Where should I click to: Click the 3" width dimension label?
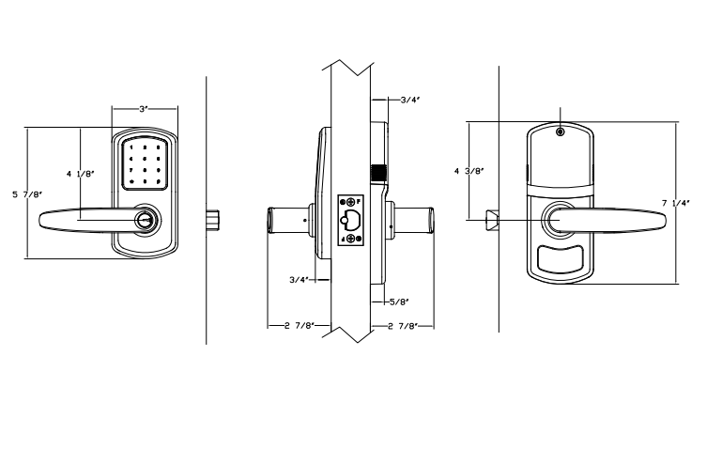point(143,109)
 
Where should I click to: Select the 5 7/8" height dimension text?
point(26,194)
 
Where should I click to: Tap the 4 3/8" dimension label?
point(469,171)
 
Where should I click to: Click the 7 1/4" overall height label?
point(676,202)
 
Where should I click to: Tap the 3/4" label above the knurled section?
point(409,99)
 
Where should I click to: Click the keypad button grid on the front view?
point(145,165)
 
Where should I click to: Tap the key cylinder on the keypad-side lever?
point(146,219)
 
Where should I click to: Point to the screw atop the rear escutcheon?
point(559,132)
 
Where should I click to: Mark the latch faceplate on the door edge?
point(351,220)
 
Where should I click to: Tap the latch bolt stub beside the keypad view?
point(216,219)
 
